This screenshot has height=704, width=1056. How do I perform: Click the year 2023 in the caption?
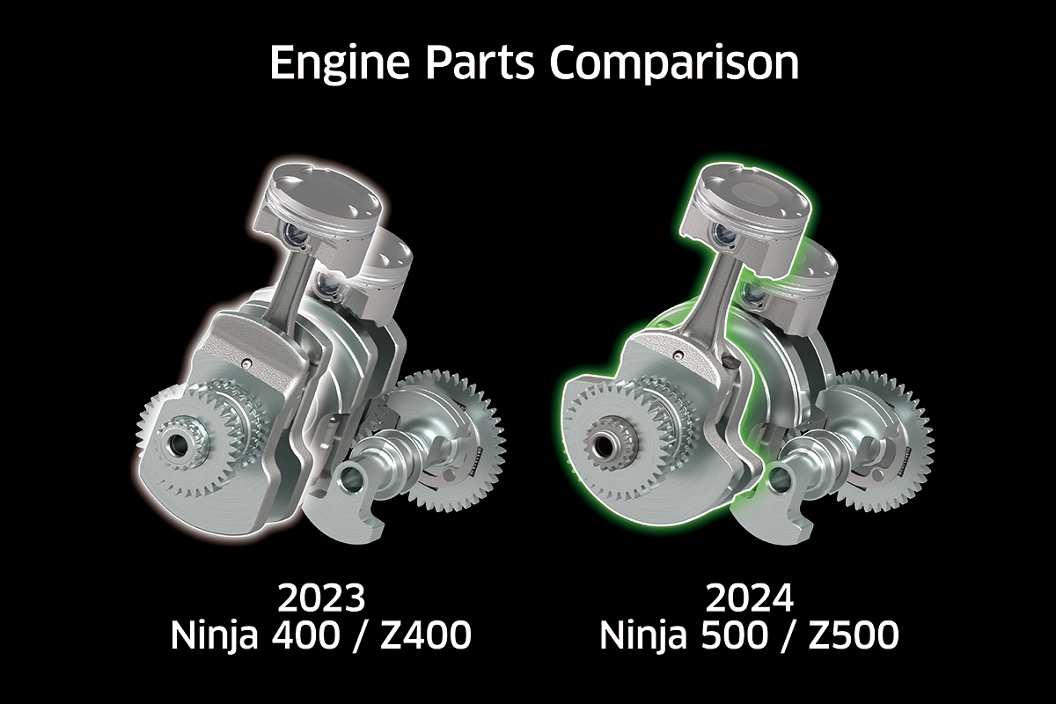coord(322,599)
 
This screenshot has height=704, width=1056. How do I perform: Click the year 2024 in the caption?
coord(750,599)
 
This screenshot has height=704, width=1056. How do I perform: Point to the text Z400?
coord(426,636)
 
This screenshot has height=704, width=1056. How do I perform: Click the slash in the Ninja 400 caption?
coord(370,636)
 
